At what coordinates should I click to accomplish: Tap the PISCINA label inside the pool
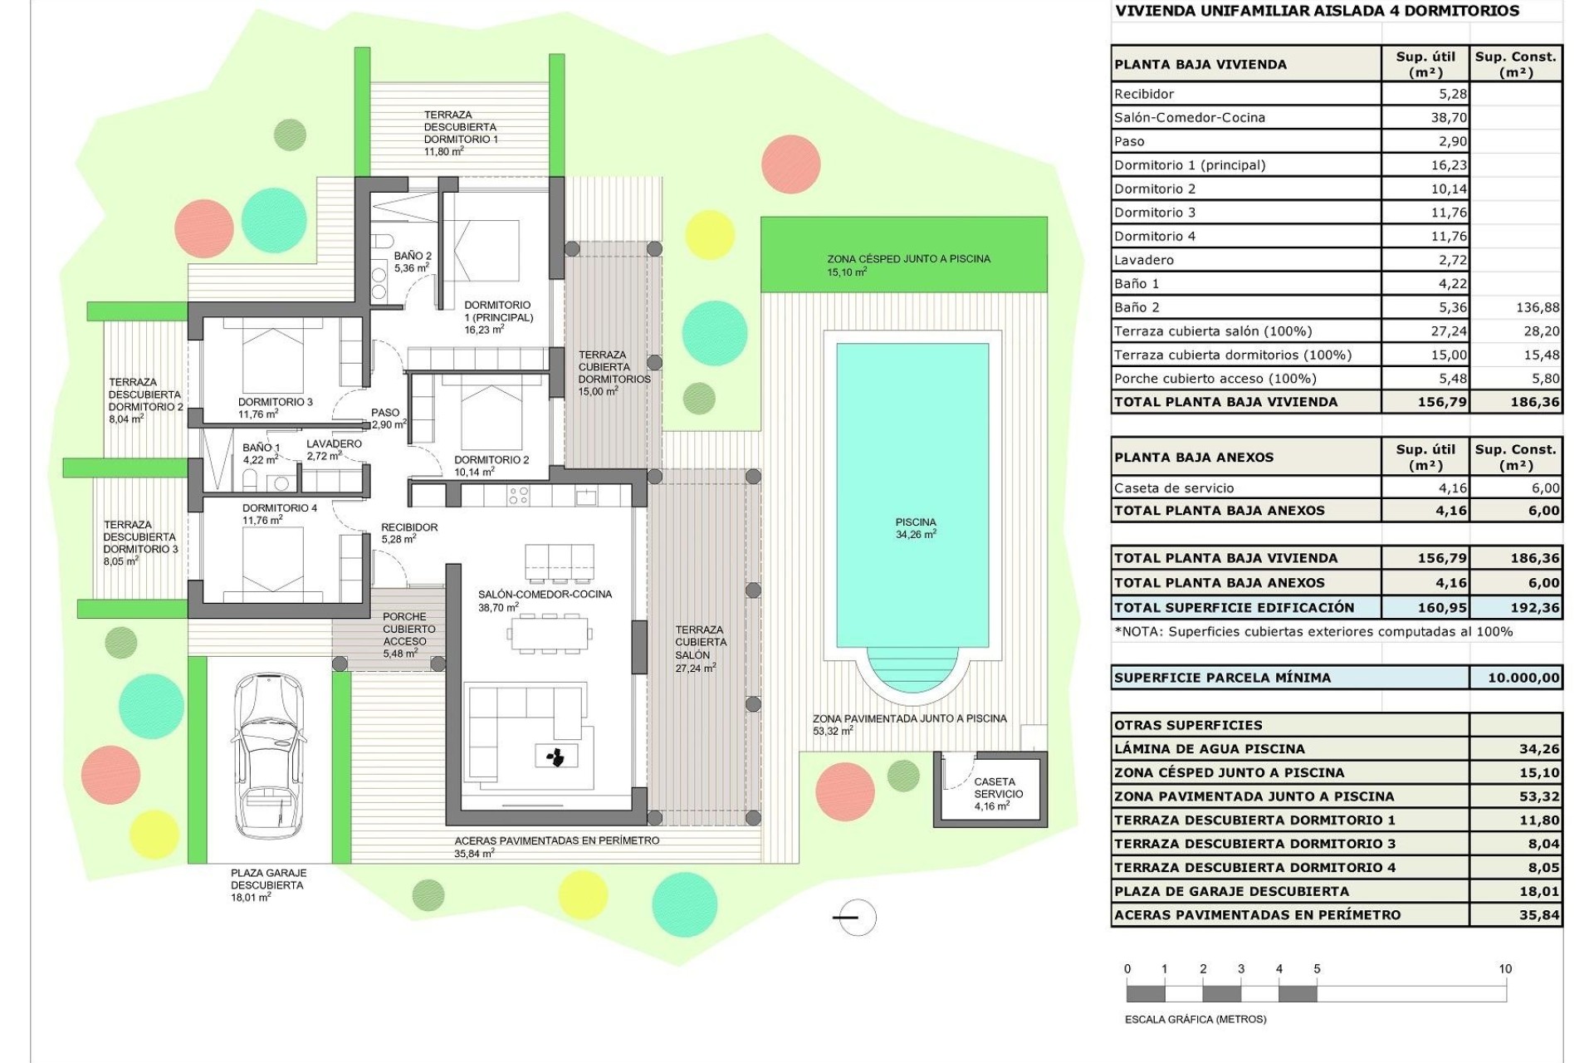pos(916,522)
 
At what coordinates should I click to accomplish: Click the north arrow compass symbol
pos(855,918)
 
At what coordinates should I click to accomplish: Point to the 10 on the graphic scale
pos(1505,968)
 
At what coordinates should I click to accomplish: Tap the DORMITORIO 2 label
pos(491,460)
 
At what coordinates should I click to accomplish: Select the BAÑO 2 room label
pos(413,257)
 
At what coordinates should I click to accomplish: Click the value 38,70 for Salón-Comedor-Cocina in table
pos(1449,118)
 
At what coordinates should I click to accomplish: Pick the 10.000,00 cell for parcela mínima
pos(1523,678)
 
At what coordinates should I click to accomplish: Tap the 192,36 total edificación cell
pos(1534,608)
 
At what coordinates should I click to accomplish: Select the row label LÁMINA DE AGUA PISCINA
pos(1210,749)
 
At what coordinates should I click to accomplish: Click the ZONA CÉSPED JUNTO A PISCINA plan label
pos(908,259)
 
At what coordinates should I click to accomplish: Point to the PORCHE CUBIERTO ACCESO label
pos(404,629)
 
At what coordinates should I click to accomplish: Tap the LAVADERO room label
pos(334,444)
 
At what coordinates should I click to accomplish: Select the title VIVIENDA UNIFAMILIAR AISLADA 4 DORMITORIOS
pos(1317,12)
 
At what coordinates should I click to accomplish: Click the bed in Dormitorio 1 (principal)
pos(482,249)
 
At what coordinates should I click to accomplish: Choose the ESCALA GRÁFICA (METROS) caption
pos(1195,1019)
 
